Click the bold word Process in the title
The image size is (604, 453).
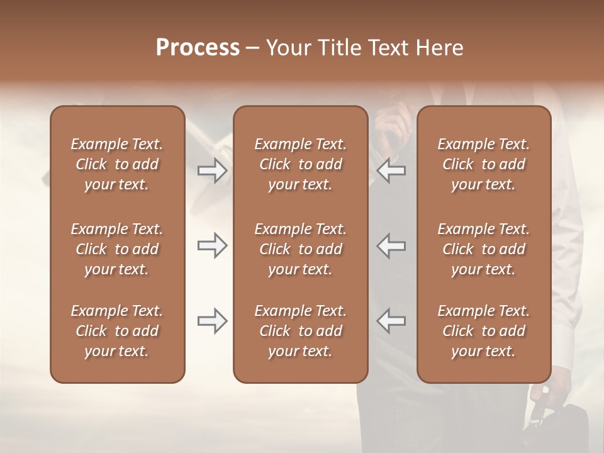[x=198, y=48]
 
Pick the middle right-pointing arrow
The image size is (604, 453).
[x=212, y=245]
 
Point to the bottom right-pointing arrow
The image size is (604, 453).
[x=212, y=321]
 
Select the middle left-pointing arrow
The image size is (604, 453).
[x=392, y=245]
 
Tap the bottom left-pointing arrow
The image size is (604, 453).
[x=392, y=321]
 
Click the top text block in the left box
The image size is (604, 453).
[x=117, y=164]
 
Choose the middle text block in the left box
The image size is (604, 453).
[x=117, y=249]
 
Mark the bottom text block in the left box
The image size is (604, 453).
[x=117, y=331]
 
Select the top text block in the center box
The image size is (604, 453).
[x=300, y=164]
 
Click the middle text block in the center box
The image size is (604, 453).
[x=300, y=249]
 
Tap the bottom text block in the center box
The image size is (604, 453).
[x=300, y=331]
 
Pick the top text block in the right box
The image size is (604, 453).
[x=483, y=164]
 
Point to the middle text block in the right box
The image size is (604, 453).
[x=483, y=249]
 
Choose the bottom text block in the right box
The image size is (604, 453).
[x=483, y=331]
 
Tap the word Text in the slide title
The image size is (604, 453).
[x=384, y=48]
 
